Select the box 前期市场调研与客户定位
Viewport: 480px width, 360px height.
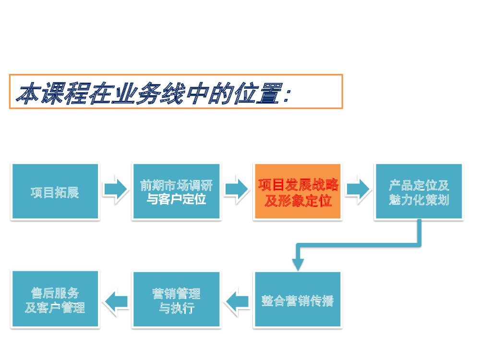(x=176, y=192)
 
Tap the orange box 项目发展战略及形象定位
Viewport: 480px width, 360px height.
(x=298, y=192)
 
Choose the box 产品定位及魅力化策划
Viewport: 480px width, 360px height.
(x=419, y=192)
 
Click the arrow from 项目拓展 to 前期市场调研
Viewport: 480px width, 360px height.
(x=115, y=190)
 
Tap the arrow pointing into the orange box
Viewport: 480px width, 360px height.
(x=237, y=190)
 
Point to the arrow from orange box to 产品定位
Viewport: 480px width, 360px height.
(x=358, y=190)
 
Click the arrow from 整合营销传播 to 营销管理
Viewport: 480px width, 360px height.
(x=237, y=301)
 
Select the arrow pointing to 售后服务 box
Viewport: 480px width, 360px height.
(x=116, y=301)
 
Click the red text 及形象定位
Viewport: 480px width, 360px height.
(x=298, y=201)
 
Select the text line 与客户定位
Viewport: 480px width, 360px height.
(x=176, y=199)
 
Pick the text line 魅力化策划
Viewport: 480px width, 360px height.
(x=419, y=200)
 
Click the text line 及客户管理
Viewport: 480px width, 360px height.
(x=55, y=308)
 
